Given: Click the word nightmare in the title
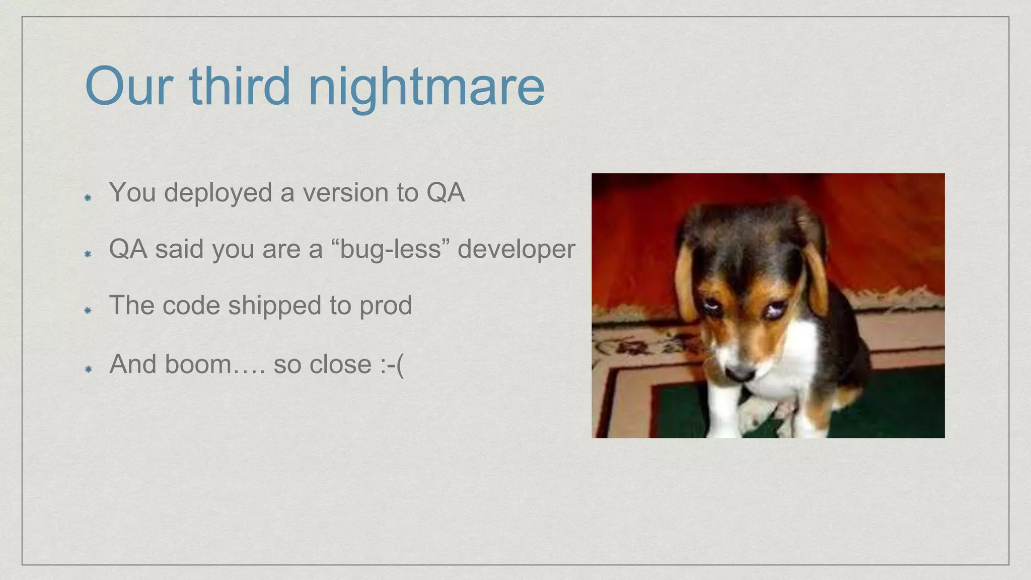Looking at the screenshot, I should (426, 87).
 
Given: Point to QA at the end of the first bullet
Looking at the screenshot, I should (446, 192).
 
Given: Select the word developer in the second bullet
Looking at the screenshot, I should (516, 249).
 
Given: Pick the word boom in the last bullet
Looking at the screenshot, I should (198, 364).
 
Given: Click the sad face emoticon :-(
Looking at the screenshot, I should (392, 364).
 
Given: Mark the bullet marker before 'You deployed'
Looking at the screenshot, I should (88, 197).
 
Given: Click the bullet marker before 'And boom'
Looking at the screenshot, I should (88, 369).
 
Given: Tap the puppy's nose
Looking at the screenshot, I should (740, 374).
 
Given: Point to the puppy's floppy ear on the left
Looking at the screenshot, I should (687, 282).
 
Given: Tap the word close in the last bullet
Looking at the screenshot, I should (340, 364).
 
